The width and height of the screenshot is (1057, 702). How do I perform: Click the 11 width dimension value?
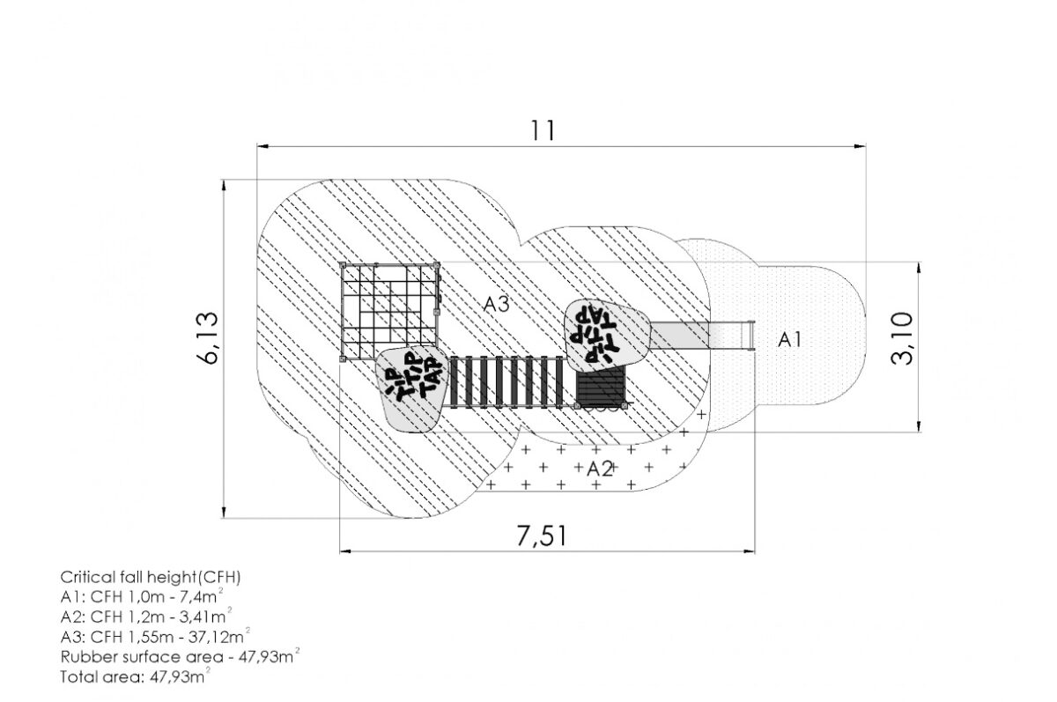[543, 130]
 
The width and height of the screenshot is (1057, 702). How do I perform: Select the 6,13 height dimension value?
[208, 338]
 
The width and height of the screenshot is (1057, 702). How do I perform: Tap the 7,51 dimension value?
[541, 536]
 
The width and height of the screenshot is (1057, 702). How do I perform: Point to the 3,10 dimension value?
[902, 338]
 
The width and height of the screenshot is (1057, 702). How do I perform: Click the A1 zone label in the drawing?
[789, 339]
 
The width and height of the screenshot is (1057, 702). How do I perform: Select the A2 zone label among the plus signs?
[600, 469]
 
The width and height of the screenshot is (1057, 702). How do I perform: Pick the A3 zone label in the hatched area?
[497, 304]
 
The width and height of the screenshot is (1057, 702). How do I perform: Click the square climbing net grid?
[389, 312]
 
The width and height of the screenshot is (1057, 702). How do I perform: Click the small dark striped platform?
[601, 388]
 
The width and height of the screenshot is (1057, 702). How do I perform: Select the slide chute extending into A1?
[703, 335]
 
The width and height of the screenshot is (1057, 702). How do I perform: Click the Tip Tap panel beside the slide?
[607, 335]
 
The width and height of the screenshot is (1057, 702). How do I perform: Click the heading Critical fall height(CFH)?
[151, 578]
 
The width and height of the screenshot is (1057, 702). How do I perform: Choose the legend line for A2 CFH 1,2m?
[146, 617]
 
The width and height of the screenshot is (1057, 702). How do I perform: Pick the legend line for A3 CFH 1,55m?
[155, 636]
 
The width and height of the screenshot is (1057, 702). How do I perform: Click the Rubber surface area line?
[181, 656]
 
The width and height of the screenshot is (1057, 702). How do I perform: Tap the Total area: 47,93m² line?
[136, 676]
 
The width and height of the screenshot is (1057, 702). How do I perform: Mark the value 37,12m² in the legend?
[219, 636]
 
